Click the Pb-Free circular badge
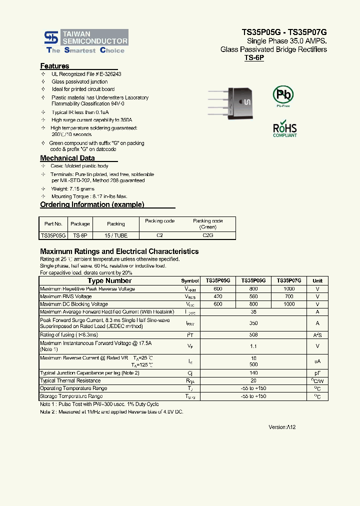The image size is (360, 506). [283, 95]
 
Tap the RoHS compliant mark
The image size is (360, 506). [284, 128]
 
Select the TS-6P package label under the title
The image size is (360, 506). [254, 58]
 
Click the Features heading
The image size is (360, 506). [54, 66]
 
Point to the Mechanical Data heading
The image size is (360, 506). [67, 158]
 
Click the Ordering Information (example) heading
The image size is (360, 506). [92, 204]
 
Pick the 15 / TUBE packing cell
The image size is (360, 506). [116, 235]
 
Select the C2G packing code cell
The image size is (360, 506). [207, 235]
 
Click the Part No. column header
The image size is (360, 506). [53, 224]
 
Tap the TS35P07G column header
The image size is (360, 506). [289, 281]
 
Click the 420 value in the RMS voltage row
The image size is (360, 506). [217, 296]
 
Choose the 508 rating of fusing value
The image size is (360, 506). [253, 335]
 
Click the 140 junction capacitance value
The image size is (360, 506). [253, 373]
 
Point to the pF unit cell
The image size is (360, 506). [317, 373]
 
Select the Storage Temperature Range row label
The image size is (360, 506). [71, 396]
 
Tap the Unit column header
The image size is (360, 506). [317, 281]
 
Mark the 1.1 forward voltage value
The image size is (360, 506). [253, 346]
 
